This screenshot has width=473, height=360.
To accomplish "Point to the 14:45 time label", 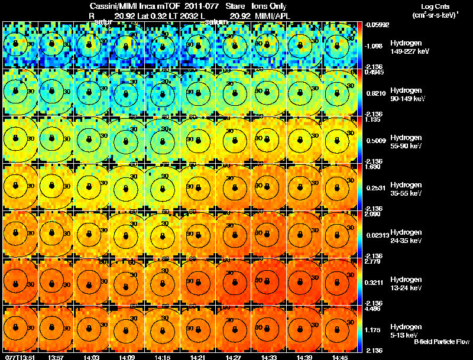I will (x=340, y=357).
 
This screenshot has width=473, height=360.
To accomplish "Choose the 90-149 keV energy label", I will (x=405, y=99).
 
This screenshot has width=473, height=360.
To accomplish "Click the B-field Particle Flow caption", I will (x=442, y=342).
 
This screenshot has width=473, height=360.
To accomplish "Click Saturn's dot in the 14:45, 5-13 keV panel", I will (x=341, y=327).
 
